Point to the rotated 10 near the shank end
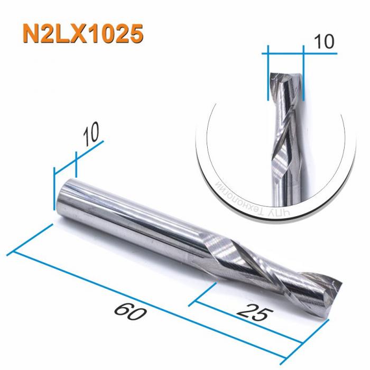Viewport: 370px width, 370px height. pos(91,135)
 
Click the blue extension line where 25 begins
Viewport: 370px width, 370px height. pos(205,294)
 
